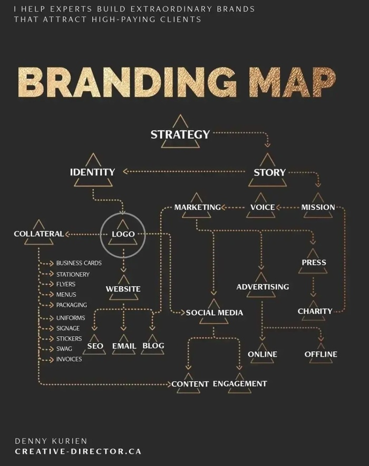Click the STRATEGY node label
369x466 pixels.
point(180,134)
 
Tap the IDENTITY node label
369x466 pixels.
point(92,172)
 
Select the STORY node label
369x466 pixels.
point(269,172)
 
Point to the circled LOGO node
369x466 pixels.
point(123,234)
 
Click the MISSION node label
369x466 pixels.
point(318,207)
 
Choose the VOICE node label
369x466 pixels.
point(262,207)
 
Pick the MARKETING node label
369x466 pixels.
point(198,207)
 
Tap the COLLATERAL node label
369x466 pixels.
point(38,234)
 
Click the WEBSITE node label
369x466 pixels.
point(123,289)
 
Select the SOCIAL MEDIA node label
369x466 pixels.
point(215,313)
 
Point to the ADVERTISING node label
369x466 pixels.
point(263,287)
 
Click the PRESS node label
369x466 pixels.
point(314,263)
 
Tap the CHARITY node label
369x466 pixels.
point(315,311)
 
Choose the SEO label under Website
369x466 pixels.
point(95,346)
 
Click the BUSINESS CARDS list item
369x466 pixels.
point(79,263)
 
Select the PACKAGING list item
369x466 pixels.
point(72,305)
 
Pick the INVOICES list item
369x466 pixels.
point(69,359)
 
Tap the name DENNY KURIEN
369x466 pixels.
point(51,441)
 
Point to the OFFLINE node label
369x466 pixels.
point(321,354)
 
